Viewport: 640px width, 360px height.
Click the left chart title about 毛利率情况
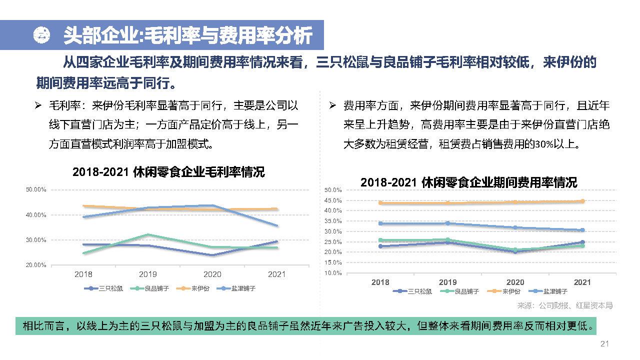(x=168, y=172)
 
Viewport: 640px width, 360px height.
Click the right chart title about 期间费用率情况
(x=468, y=182)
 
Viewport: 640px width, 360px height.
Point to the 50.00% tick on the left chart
(x=36, y=189)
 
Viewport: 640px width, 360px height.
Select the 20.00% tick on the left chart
(x=36, y=265)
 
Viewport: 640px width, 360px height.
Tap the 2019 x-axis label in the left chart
(x=147, y=274)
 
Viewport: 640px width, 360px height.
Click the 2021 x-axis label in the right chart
(x=582, y=282)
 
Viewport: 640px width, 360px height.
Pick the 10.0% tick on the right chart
(x=333, y=273)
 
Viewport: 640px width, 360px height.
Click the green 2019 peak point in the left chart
(x=147, y=234)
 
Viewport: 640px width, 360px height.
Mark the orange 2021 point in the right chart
(x=582, y=201)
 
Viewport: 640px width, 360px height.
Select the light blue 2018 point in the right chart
(x=380, y=223)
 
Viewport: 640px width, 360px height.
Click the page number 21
(x=604, y=343)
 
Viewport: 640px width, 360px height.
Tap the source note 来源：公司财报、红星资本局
(x=564, y=305)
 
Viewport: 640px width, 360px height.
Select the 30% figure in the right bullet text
(x=543, y=145)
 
